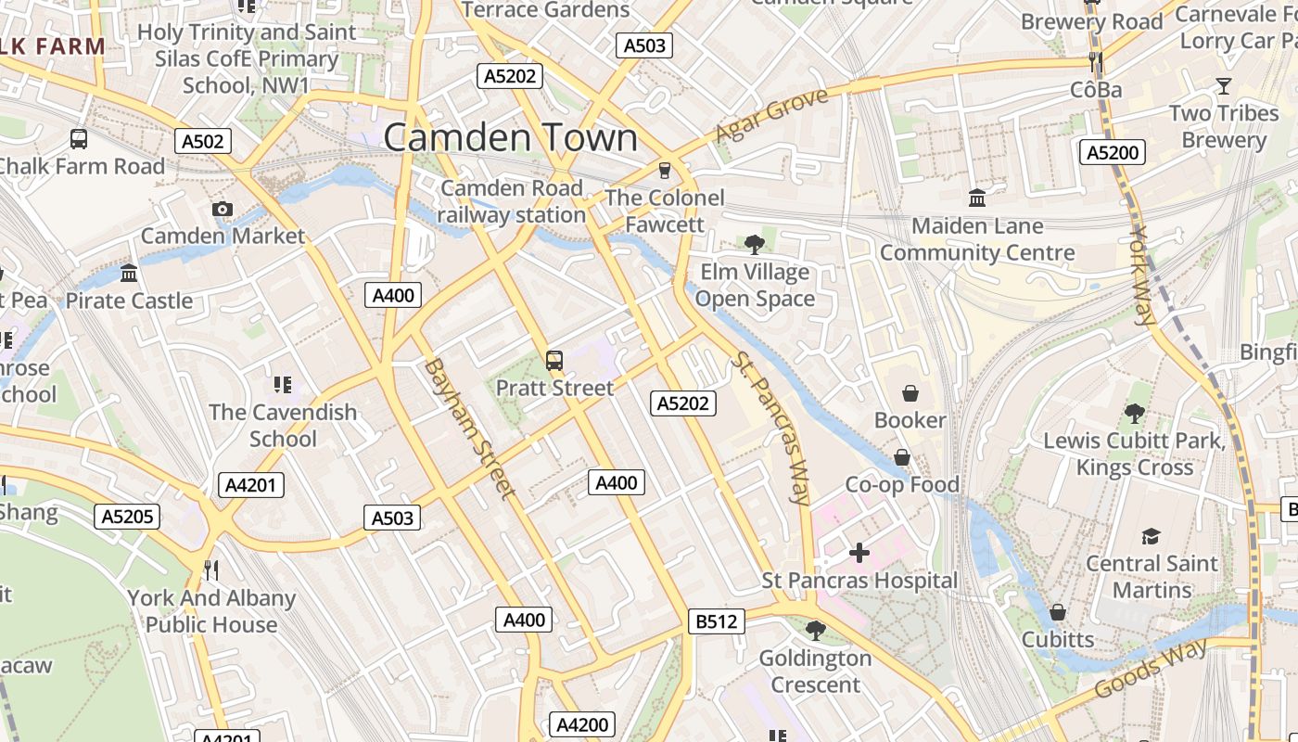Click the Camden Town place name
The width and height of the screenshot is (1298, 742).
pyautogui.click(x=510, y=138)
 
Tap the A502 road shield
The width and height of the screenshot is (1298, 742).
pyautogui.click(x=203, y=141)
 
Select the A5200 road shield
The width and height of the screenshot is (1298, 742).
pyautogui.click(x=1113, y=152)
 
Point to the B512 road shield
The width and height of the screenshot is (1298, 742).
pyautogui.click(x=717, y=621)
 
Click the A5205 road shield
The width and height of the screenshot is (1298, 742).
pyautogui.click(x=128, y=517)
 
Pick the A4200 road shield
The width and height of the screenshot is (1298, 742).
pyautogui.click(x=582, y=724)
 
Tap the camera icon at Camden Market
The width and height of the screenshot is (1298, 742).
pyautogui.click(x=222, y=209)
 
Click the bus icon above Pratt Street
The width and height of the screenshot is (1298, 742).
pyautogui.click(x=554, y=361)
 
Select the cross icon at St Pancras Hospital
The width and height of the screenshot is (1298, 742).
pyautogui.click(x=859, y=554)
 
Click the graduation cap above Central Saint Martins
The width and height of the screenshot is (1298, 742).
pyautogui.click(x=1151, y=536)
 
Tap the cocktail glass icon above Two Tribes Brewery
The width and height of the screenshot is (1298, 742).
pyautogui.click(x=1223, y=86)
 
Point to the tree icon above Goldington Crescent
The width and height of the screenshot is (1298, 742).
pyautogui.click(x=815, y=631)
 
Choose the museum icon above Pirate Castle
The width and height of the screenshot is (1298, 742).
pyautogui.click(x=129, y=274)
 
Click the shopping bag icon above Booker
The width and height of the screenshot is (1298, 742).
pyautogui.click(x=910, y=393)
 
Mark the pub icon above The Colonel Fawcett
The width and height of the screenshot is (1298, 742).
pyautogui.click(x=664, y=170)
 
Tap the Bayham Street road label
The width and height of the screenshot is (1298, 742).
pyautogui.click(x=468, y=429)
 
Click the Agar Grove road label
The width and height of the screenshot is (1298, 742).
pyautogui.click(x=771, y=116)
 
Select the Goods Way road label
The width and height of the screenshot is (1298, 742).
pyautogui.click(x=1151, y=669)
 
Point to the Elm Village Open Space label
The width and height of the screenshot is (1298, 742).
pyautogui.click(x=755, y=286)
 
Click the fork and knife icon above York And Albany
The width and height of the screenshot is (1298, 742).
pyautogui.click(x=211, y=569)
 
